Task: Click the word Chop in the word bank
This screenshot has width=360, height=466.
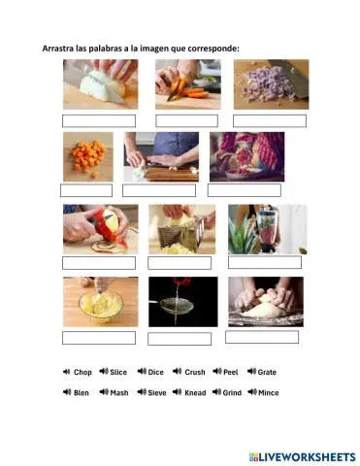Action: (82, 372)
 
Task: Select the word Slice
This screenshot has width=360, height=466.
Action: (118, 372)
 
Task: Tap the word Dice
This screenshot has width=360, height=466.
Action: (156, 372)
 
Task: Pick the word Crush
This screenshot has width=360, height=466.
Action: (195, 372)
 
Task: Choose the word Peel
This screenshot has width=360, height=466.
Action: (230, 372)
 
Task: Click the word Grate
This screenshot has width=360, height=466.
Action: (267, 372)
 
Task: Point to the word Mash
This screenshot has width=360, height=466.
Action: (119, 393)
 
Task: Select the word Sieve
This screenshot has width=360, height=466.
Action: (157, 393)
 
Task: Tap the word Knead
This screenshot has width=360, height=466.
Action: (195, 393)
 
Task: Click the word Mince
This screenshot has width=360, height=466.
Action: (268, 393)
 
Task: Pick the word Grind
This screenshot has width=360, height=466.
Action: (231, 393)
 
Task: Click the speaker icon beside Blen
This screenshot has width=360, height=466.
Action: (67, 393)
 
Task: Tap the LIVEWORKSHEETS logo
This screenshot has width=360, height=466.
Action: (302, 455)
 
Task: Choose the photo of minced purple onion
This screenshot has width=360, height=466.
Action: (271, 83)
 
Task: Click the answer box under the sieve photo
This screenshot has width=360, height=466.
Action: (180, 338)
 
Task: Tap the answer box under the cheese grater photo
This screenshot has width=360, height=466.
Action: (180, 263)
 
